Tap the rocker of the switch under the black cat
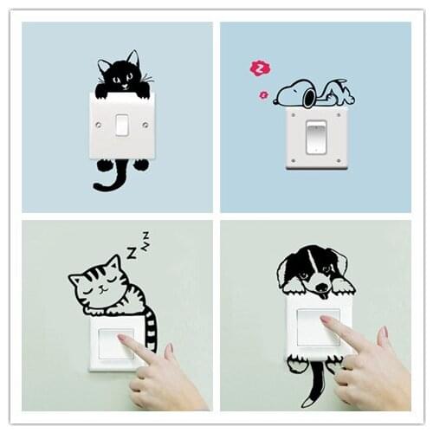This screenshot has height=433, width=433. (122, 125)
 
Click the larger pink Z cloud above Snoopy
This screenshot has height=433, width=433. (259, 68)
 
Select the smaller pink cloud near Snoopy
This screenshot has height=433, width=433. (263, 95)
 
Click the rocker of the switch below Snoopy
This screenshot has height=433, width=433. (316, 137)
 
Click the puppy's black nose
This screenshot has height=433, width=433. (321, 284)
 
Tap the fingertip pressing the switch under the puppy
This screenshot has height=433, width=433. (326, 322)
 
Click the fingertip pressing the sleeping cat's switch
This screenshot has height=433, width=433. (123, 340)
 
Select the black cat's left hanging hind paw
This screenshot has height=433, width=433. (104, 165)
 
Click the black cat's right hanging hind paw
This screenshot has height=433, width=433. (140, 165)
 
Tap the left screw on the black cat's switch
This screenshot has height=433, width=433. (97, 125)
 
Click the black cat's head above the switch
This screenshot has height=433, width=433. (120, 73)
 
